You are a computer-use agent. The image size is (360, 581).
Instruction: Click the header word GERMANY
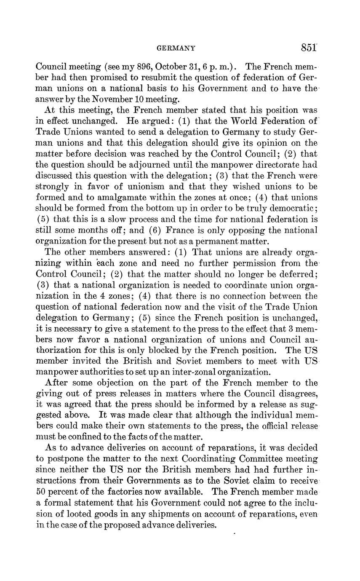pyautogui.click(x=176, y=48)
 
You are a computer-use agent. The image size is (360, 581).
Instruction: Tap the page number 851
pyautogui.click(x=309, y=48)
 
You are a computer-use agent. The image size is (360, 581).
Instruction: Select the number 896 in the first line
pyautogui.click(x=133, y=67)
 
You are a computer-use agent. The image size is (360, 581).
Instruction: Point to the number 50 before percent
pyautogui.click(x=40, y=491)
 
